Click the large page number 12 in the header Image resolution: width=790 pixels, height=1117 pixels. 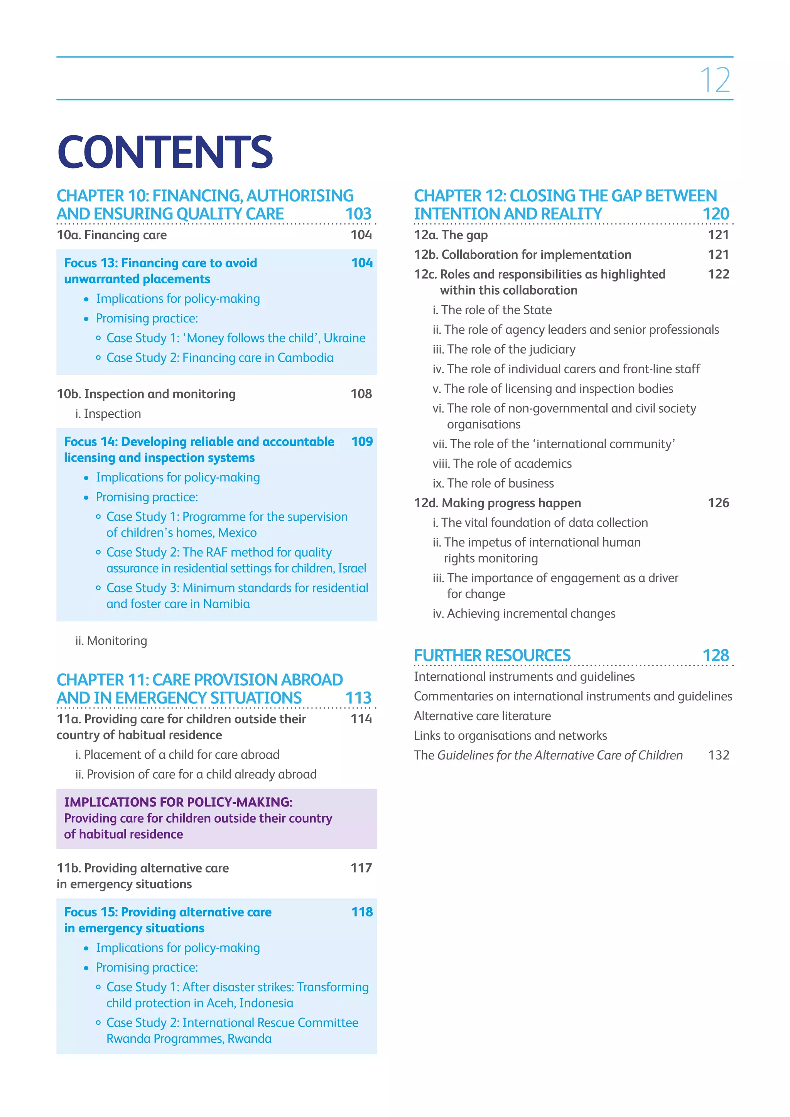tap(715, 80)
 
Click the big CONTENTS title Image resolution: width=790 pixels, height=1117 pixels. tap(165, 152)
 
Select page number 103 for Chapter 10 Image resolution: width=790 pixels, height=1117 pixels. tap(358, 214)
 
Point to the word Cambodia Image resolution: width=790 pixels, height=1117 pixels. tap(305, 358)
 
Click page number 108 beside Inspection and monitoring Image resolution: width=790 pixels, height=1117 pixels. tap(361, 394)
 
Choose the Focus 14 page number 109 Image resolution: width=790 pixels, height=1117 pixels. tap(362, 442)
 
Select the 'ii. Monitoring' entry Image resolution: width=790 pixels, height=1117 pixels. tap(111, 641)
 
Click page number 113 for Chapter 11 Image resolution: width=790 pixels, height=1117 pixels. tap(358, 698)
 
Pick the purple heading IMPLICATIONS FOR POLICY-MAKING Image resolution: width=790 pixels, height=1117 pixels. tap(178, 802)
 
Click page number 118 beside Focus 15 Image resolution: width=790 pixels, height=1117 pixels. tap(362, 912)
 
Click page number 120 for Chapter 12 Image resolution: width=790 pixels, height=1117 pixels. tap(716, 214)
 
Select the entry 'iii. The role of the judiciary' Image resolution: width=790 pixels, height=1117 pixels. tap(503, 349)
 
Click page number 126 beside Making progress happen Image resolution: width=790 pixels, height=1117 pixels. tap(718, 503)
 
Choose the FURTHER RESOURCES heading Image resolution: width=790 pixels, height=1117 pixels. tap(492, 656)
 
